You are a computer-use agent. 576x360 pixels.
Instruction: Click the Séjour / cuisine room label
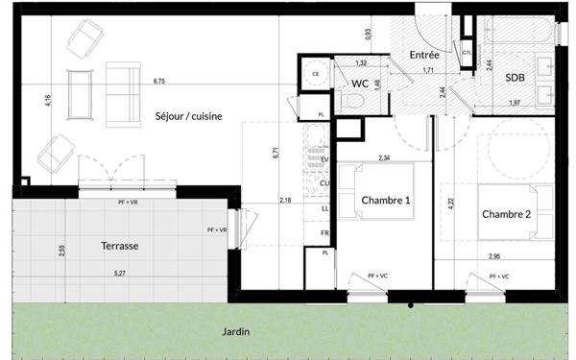click(188, 116)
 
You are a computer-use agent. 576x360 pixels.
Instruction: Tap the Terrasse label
click(120, 246)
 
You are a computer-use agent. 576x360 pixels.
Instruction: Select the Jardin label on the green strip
click(235, 332)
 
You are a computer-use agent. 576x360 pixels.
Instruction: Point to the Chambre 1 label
click(386, 200)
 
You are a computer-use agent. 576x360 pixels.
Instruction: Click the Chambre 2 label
click(506, 213)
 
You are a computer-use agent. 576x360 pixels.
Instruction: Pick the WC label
click(359, 84)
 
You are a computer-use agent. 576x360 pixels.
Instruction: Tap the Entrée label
click(423, 56)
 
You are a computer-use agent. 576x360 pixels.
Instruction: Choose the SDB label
click(516, 80)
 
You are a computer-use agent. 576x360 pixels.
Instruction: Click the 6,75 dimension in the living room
click(159, 82)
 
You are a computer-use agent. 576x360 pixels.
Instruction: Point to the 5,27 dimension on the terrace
click(119, 275)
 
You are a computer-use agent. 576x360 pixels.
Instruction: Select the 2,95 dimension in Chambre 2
click(494, 256)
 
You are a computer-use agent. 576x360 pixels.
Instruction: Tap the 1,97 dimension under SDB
click(515, 103)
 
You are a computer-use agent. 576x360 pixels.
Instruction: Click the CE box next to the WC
click(315, 74)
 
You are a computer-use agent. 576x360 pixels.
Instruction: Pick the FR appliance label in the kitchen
click(324, 232)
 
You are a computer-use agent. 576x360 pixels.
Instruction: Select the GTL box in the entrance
click(467, 53)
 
